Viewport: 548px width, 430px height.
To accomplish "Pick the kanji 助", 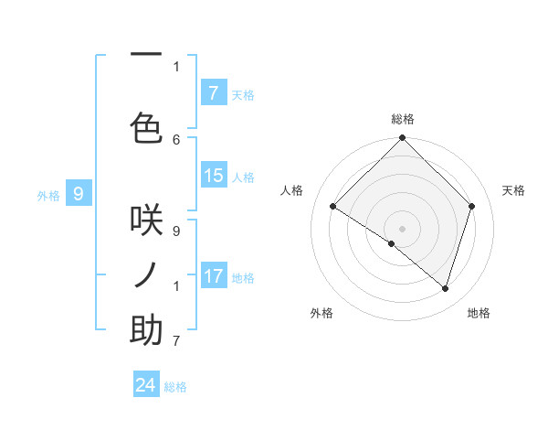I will [146, 330].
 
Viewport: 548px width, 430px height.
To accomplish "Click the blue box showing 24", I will [146, 385].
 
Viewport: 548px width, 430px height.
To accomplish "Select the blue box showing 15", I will [214, 176].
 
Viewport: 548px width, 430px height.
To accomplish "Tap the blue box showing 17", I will [214, 276].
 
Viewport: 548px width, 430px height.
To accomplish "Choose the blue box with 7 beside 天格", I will [214, 92].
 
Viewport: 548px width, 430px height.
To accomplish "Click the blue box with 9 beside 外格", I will [79, 193].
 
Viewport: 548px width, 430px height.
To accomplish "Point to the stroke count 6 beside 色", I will [176, 139].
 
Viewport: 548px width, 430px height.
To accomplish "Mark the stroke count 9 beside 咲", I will [176, 231].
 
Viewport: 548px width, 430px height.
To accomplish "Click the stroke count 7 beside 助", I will [176, 341].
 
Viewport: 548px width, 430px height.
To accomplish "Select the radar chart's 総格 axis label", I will [402, 119].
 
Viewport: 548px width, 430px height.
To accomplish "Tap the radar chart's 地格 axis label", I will [479, 313].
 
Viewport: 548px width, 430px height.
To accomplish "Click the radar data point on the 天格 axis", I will [472, 206].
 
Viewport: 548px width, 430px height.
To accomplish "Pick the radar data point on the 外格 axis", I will [392, 243].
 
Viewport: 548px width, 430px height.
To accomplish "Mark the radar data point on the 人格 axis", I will [333, 206].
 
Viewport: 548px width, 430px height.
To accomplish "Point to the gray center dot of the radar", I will [402, 228].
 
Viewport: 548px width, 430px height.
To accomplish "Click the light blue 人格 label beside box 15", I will [243, 177].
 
